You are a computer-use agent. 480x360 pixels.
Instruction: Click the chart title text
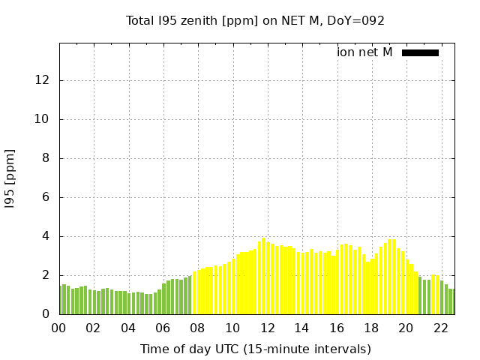(255, 21)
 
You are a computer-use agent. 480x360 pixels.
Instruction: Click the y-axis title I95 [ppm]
(10, 178)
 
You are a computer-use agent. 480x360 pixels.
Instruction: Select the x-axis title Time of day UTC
(255, 349)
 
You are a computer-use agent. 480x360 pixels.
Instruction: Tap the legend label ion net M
(364, 52)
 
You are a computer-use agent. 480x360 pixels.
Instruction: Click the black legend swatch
(420, 52)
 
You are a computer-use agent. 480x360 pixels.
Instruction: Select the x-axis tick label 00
(59, 328)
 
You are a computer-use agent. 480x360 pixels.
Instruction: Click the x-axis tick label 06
(163, 328)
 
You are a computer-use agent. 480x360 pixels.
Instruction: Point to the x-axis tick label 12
(268, 328)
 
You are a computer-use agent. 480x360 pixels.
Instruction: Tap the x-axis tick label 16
(337, 328)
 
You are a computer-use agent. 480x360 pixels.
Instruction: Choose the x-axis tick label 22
(441, 328)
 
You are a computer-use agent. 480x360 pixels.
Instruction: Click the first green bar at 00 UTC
(61, 300)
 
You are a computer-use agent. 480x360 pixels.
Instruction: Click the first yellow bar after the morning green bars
(194, 293)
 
